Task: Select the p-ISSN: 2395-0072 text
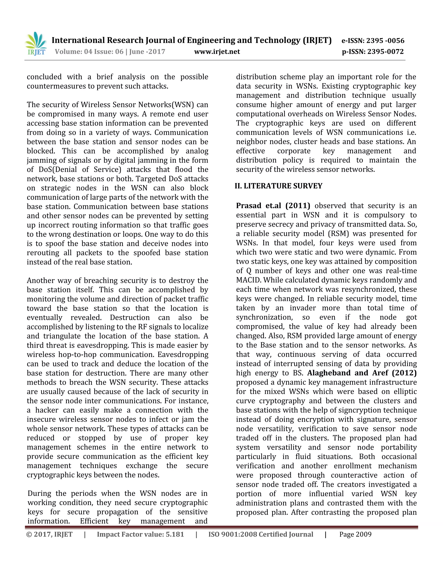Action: coord(372,52)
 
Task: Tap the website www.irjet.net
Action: coord(217,52)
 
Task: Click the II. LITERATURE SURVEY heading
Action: coord(278,186)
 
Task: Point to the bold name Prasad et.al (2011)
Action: coord(273,206)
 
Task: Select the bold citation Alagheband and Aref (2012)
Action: coord(362,373)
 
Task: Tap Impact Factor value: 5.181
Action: coord(140,535)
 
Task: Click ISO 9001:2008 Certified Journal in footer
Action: coord(261,535)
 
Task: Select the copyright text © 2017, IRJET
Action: coord(49,535)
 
